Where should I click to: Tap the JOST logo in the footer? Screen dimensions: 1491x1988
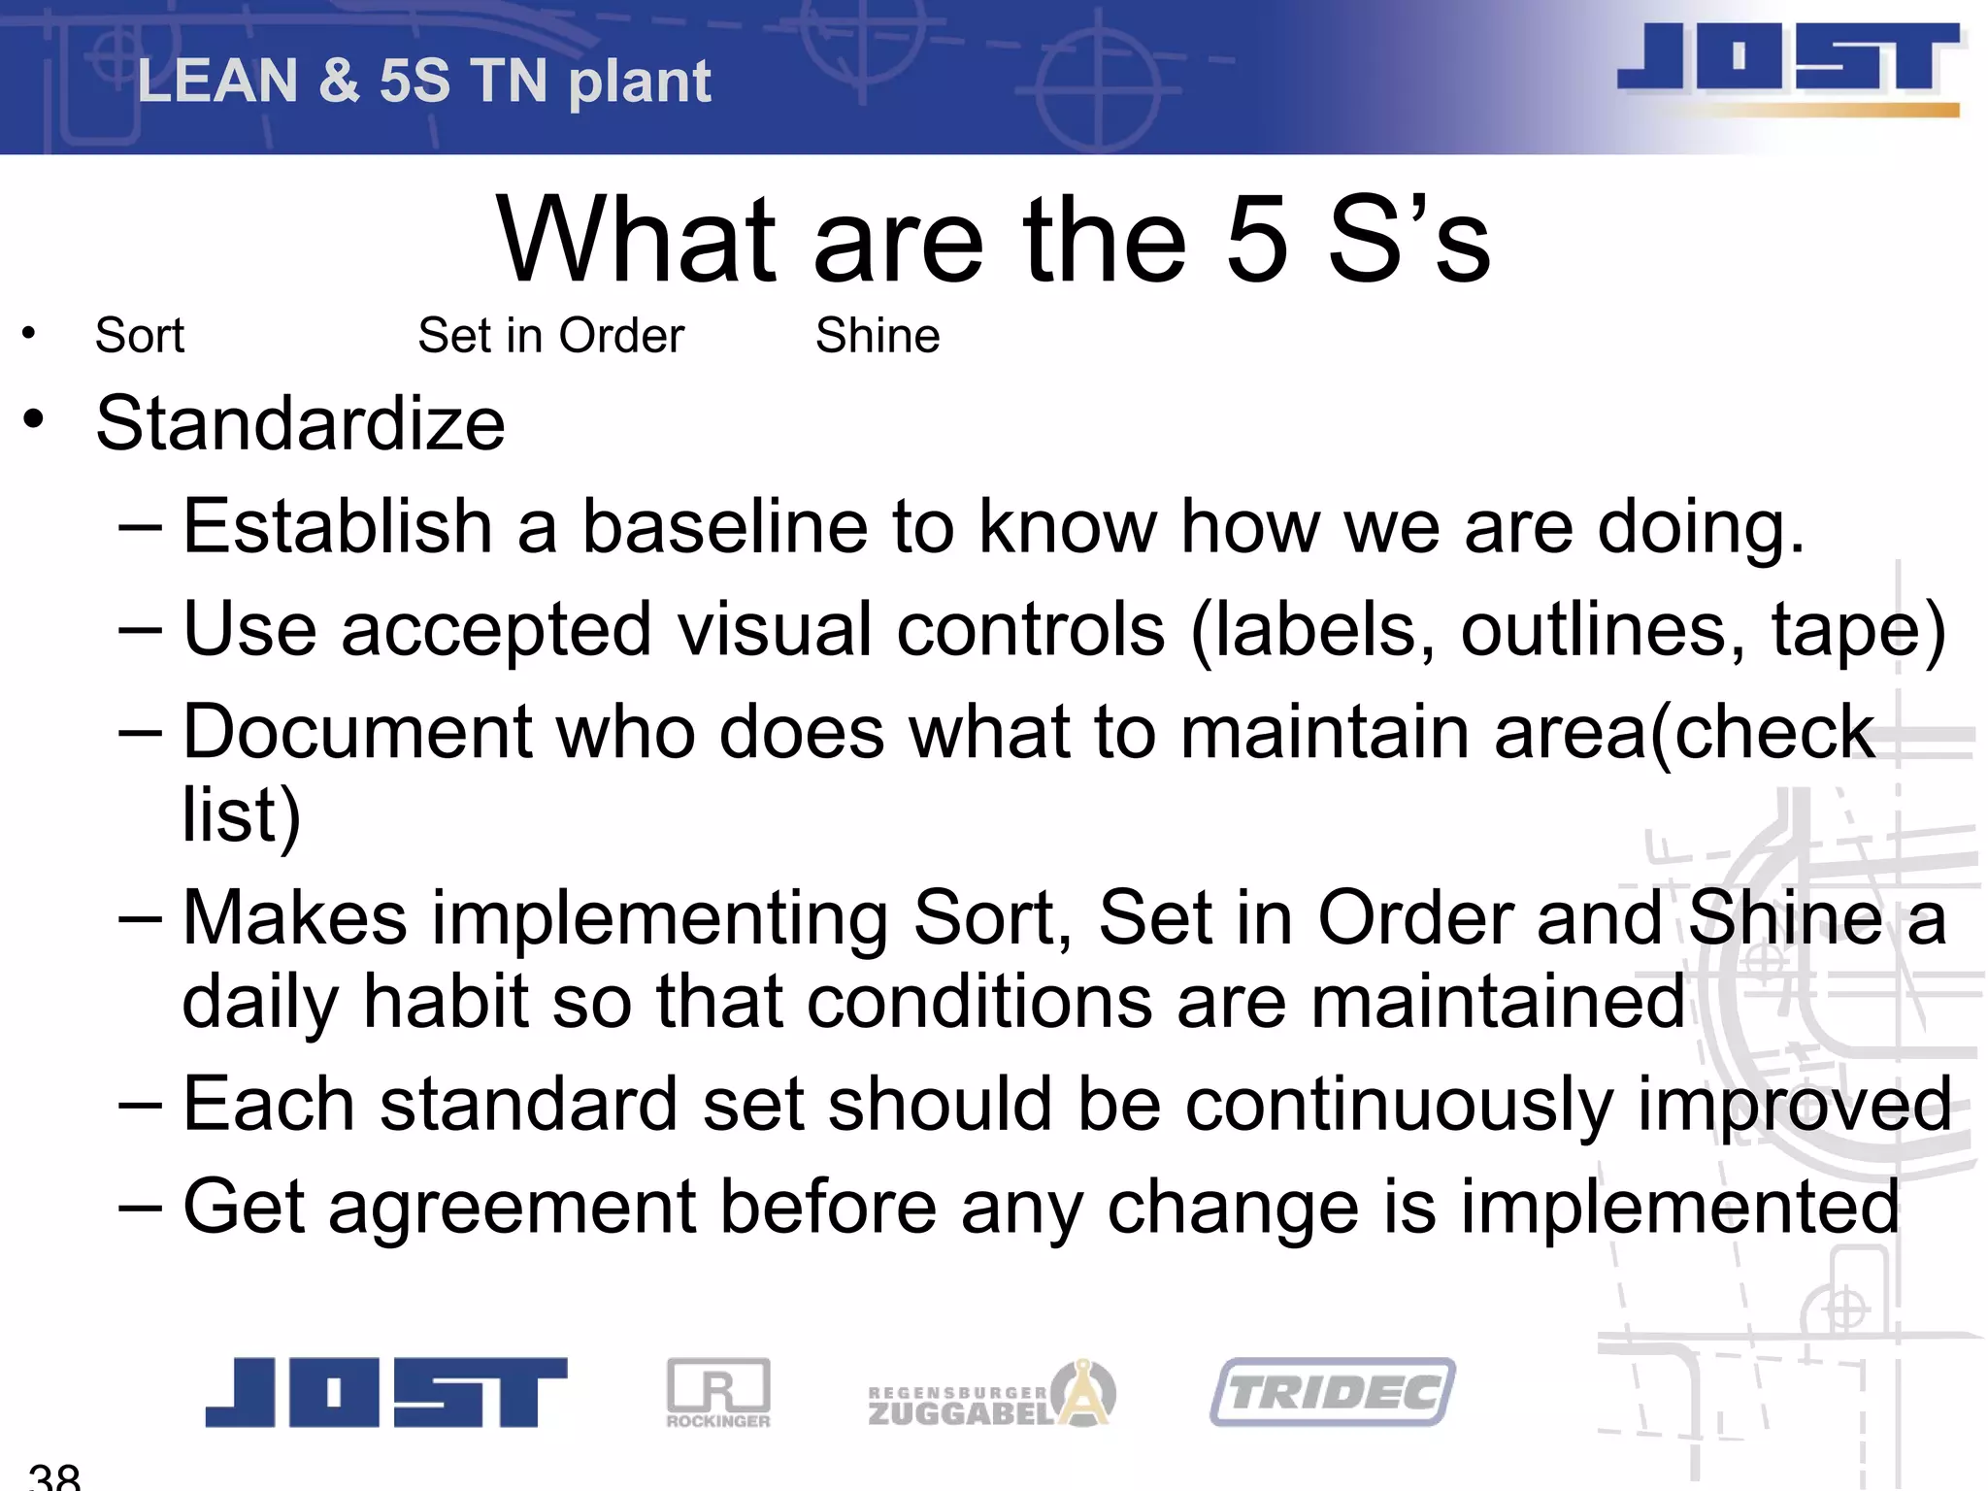pyautogui.click(x=385, y=1391)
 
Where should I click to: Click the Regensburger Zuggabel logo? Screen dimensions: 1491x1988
pyautogui.click(x=990, y=1395)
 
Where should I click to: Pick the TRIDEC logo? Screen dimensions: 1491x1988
pyautogui.click(x=1333, y=1392)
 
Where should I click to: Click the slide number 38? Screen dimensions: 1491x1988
pyautogui.click(x=54, y=1476)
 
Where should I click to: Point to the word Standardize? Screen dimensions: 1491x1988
pyautogui.click(x=300, y=423)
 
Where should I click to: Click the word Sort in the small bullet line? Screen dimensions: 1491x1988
pyautogui.click(x=139, y=336)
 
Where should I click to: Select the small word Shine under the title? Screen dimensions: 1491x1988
pyautogui.click(x=878, y=336)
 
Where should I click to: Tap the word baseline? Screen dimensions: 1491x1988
pyautogui.click(x=724, y=527)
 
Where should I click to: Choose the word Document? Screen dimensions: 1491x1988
pyautogui.click(x=357, y=731)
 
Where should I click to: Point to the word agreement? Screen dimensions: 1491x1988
pyautogui.click(x=513, y=1207)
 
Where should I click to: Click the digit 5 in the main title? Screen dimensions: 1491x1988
pyautogui.click(x=1258, y=239)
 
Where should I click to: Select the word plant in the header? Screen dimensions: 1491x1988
pyautogui.click(x=640, y=82)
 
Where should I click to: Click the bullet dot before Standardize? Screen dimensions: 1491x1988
pyautogui.click(x=34, y=420)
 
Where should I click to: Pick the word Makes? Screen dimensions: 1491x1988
pyautogui.click(x=294, y=917)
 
